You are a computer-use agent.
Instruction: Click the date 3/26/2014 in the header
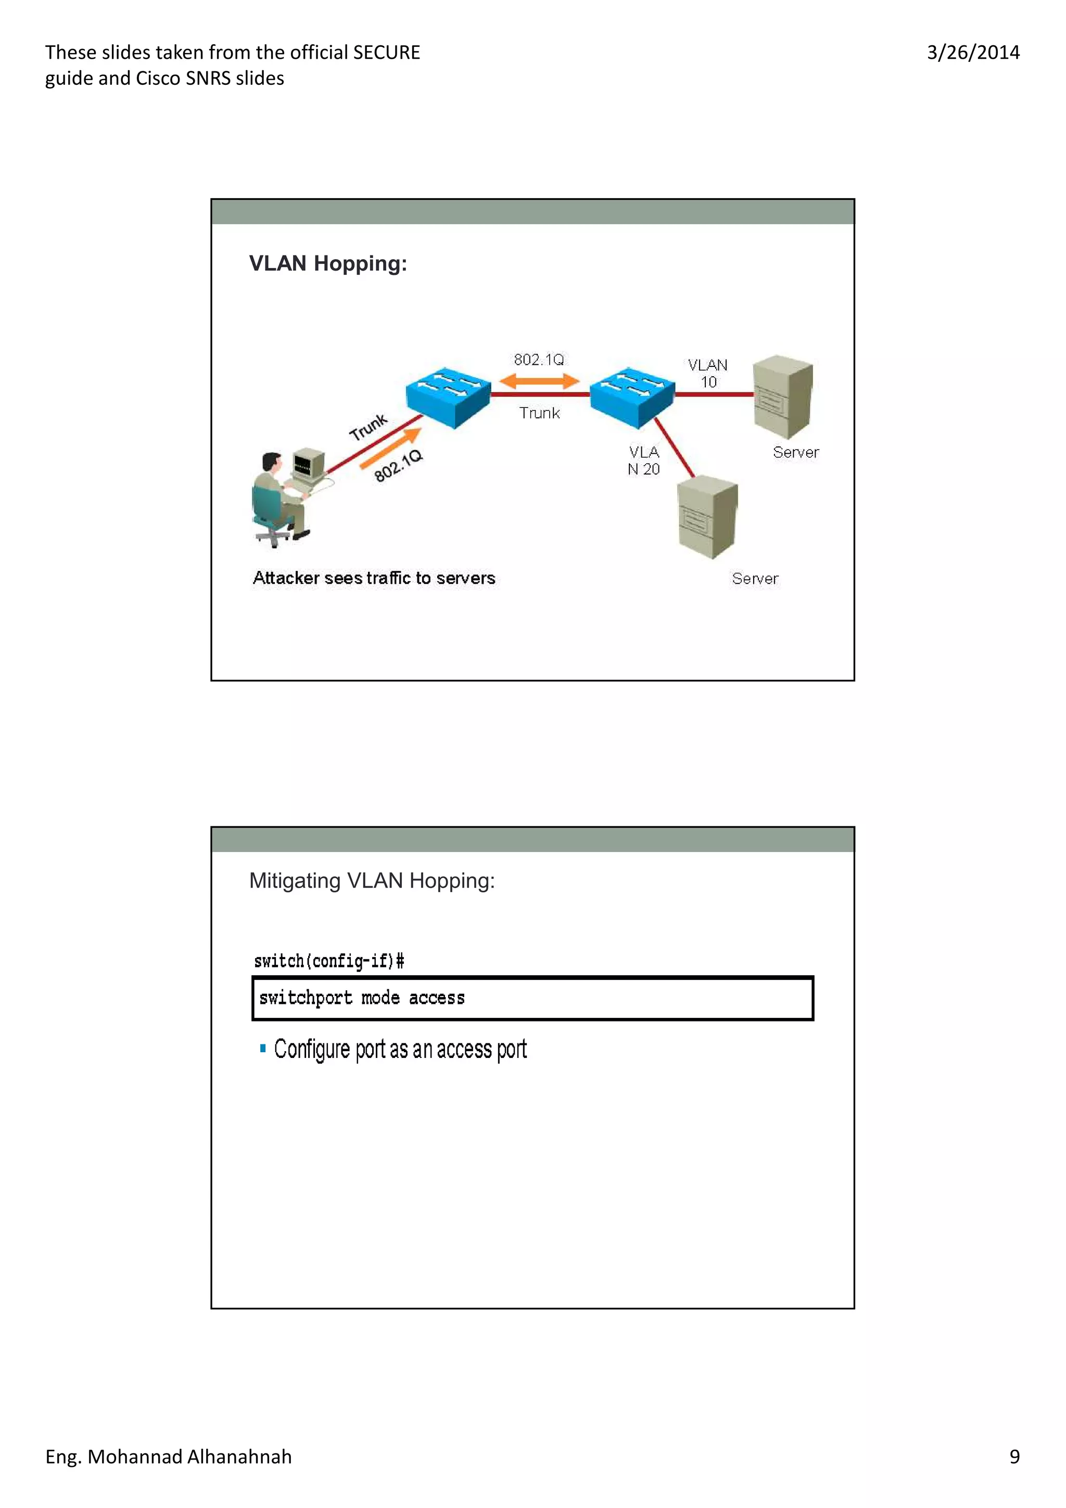pyautogui.click(x=973, y=53)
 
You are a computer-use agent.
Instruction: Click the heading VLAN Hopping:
pyautogui.click(x=328, y=263)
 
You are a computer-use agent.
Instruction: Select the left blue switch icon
pyautogui.click(x=448, y=397)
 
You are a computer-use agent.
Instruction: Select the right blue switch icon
pyautogui.click(x=632, y=397)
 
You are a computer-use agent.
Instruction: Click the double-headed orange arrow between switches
pyautogui.click(x=539, y=381)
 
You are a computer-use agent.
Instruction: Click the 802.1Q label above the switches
pyautogui.click(x=539, y=359)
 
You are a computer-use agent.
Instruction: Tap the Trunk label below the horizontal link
pyautogui.click(x=539, y=413)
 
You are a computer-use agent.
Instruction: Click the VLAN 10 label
pyautogui.click(x=707, y=373)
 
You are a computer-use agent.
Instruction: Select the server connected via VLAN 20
pyautogui.click(x=707, y=518)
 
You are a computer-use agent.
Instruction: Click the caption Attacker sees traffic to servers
pyautogui.click(x=374, y=578)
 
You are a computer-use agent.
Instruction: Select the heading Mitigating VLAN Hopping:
pyautogui.click(x=372, y=881)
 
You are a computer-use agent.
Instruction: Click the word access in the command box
pyautogui.click(x=436, y=999)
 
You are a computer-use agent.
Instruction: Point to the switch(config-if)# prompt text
pyautogui.click(x=329, y=962)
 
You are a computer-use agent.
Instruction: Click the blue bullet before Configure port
pyautogui.click(x=263, y=1048)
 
